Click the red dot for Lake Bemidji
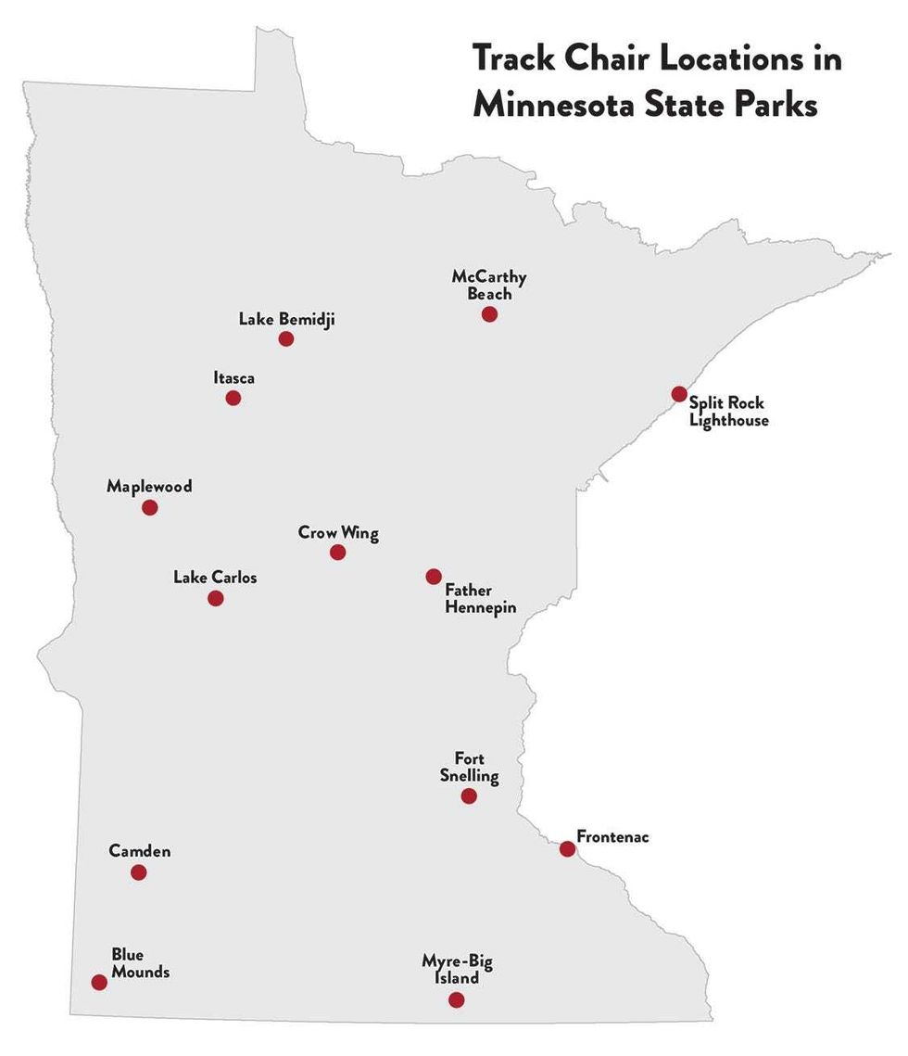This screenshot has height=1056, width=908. (x=286, y=338)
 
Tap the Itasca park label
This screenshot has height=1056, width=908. (x=233, y=377)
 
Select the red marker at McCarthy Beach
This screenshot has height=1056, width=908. (x=489, y=314)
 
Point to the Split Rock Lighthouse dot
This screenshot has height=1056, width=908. (x=679, y=394)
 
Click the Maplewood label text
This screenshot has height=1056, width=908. (x=149, y=486)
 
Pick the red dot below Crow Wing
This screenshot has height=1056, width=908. (x=337, y=553)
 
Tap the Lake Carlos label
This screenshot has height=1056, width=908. (x=215, y=578)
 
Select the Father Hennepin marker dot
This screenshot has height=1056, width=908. (x=434, y=577)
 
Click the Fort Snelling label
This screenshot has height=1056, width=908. (x=469, y=768)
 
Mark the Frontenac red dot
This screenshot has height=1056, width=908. (x=567, y=848)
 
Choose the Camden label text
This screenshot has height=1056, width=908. (x=140, y=850)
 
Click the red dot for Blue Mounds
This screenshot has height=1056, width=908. (x=99, y=982)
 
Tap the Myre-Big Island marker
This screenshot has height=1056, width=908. (x=456, y=999)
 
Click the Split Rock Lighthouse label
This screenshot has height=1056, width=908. (x=727, y=412)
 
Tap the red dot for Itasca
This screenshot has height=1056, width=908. (x=233, y=398)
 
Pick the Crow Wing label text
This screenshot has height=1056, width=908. (x=338, y=533)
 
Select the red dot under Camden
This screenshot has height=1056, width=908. (x=139, y=872)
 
